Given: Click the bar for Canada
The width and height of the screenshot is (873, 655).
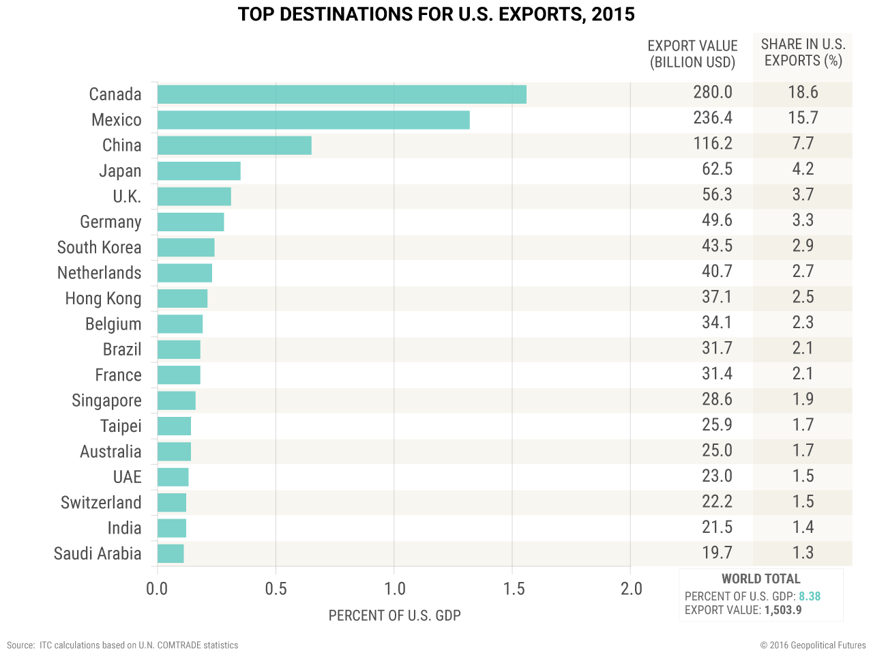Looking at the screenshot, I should pos(342,94).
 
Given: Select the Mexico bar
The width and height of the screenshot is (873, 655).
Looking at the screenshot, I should pos(313,120).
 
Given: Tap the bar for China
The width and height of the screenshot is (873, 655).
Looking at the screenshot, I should pos(234,145).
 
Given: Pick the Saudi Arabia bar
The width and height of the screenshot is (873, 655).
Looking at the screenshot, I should pos(171,553).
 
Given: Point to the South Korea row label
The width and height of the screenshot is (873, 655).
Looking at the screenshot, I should pos(100,248).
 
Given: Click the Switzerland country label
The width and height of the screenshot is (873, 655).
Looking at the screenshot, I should pos(101,503).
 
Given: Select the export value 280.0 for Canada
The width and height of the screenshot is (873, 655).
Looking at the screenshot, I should pos(713,92).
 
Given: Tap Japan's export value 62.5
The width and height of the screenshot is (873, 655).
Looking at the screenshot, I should pos(717,169).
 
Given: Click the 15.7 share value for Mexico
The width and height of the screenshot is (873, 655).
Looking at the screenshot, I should pos(803,118).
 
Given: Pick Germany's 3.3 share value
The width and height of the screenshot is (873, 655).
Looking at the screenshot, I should pos(803,220).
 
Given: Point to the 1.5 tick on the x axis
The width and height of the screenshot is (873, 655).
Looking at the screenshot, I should pos(514,589).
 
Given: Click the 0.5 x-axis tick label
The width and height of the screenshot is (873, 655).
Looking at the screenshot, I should pos(276,589).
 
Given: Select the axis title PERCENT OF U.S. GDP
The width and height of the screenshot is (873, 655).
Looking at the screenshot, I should pos(394,615).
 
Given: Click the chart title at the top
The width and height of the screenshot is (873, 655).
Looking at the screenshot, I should pos(436,14).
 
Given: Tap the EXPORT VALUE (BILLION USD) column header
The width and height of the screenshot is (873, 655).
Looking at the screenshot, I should pos(692,54).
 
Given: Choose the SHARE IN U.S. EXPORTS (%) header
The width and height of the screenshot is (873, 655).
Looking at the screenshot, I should pos(803,53).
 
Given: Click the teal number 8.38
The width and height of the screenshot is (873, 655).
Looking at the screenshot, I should pos(810,596).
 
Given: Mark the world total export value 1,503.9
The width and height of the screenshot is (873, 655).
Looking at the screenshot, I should pos(783,610).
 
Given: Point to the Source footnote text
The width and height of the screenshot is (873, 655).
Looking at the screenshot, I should pos(123,645).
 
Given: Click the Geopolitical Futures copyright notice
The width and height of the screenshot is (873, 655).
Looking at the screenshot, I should pos(813,645).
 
